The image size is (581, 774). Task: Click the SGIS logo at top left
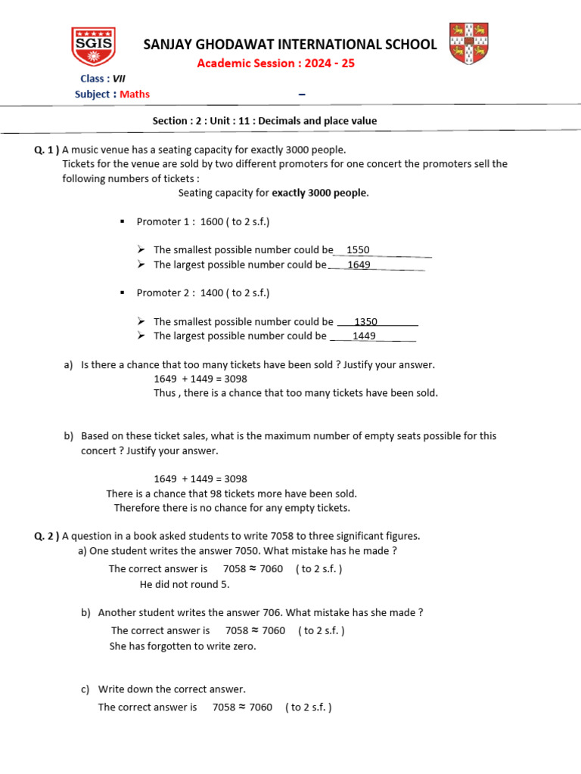[93, 47]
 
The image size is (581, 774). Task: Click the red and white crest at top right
[468, 44]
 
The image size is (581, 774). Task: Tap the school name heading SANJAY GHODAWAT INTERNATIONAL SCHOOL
[290, 45]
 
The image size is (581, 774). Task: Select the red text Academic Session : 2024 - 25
[275, 63]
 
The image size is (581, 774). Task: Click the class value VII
[119, 79]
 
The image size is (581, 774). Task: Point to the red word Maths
[135, 94]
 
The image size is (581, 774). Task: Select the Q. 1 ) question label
[47, 150]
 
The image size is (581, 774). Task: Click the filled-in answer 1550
[358, 250]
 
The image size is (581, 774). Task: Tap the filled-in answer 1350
[365, 322]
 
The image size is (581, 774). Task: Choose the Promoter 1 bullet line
[203, 221]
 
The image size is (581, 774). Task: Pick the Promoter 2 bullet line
[203, 293]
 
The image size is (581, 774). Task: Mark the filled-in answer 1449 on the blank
[364, 336]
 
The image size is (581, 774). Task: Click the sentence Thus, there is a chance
[296, 393]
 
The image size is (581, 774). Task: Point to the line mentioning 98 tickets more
[231, 494]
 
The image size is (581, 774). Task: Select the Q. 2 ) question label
[47, 536]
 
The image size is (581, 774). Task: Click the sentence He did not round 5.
[185, 584]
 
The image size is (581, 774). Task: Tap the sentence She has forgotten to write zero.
[183, 646]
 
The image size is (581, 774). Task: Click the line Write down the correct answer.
[172, 689]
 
